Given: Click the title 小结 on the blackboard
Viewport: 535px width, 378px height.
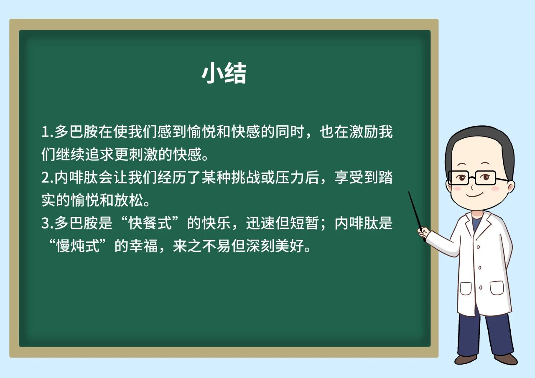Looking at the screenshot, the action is point(224,73).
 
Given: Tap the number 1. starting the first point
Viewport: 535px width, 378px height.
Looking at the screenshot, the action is point(47,132).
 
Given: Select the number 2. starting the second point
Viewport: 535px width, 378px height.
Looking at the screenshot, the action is point(47,178).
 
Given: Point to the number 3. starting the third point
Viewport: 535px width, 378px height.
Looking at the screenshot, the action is point(47,223).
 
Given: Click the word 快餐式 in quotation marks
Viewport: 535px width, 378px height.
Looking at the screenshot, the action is point(150,223).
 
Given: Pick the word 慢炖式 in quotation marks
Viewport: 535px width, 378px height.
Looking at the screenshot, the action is point(77,246).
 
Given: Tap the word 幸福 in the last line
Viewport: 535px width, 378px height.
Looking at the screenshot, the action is point(143,246).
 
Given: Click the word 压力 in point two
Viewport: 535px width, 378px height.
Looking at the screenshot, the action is point(290,178).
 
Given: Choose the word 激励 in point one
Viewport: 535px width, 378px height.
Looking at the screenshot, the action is point(363,132).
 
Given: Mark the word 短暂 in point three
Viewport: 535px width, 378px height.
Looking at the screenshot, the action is point(304,223).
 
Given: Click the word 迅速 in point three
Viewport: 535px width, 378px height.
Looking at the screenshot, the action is point(260,223).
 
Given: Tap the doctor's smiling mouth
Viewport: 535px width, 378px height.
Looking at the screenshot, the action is point(475,195).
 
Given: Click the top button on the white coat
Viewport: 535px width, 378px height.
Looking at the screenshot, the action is point(478,247).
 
